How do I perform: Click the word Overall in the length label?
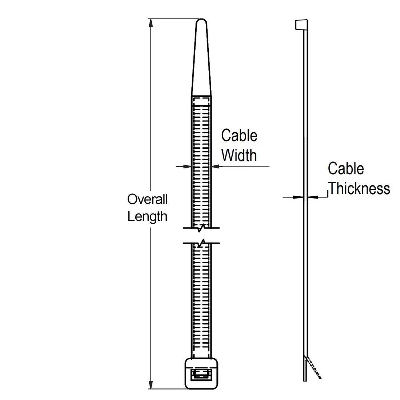147,199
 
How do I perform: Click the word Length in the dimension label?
147,217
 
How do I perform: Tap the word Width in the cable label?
239,155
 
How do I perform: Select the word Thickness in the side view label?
359,189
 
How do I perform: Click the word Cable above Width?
239,136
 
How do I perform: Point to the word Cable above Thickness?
345,169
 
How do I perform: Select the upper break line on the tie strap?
201,229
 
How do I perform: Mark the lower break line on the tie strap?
201,242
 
